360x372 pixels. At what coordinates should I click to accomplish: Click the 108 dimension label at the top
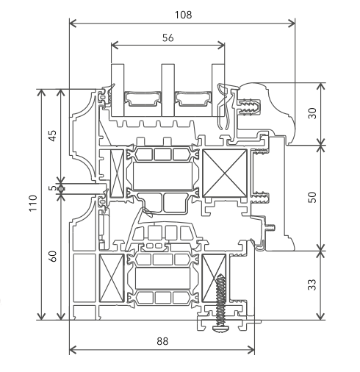(183, 15)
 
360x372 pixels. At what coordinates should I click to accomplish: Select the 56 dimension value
(168, 37)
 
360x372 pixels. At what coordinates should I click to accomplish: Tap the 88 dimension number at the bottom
(162, 341)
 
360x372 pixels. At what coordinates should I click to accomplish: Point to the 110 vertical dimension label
(33, 203)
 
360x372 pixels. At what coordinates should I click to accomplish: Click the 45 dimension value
(53, 135)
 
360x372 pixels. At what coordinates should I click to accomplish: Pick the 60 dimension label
(53, 257)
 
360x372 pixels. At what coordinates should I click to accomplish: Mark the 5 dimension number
(52, 188)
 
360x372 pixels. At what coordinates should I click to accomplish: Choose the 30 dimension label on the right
(312, 113)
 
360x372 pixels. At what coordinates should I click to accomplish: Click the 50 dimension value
(312, 198)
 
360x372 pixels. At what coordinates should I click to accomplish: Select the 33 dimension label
(312, 285)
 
